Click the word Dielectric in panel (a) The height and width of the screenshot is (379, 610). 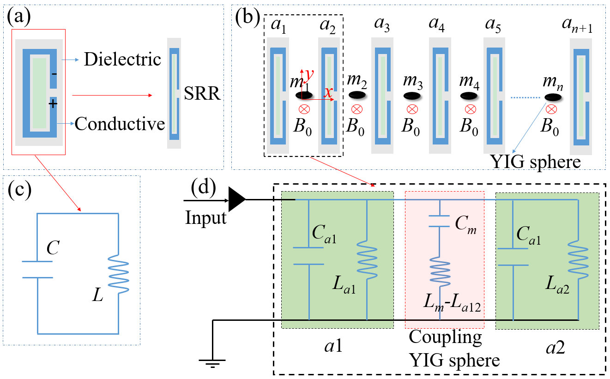pos(122,59)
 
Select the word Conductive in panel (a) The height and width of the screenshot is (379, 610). pos(120,123)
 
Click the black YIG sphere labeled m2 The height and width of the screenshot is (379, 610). pos(356,95)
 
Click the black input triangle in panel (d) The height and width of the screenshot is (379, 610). pos(237,200)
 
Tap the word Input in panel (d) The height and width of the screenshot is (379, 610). pos(205,217)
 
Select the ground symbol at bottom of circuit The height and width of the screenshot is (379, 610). pos(212,362)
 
